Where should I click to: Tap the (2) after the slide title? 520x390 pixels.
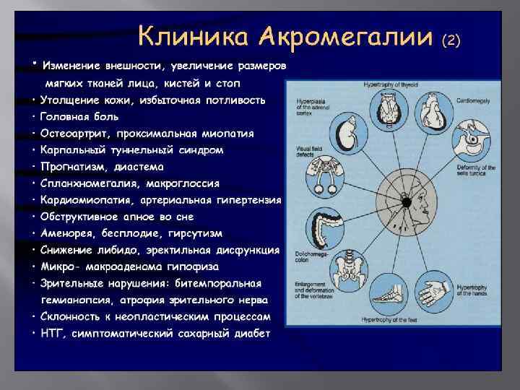[x=451, y=40]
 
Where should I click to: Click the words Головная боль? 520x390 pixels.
[x=81, y=117]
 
